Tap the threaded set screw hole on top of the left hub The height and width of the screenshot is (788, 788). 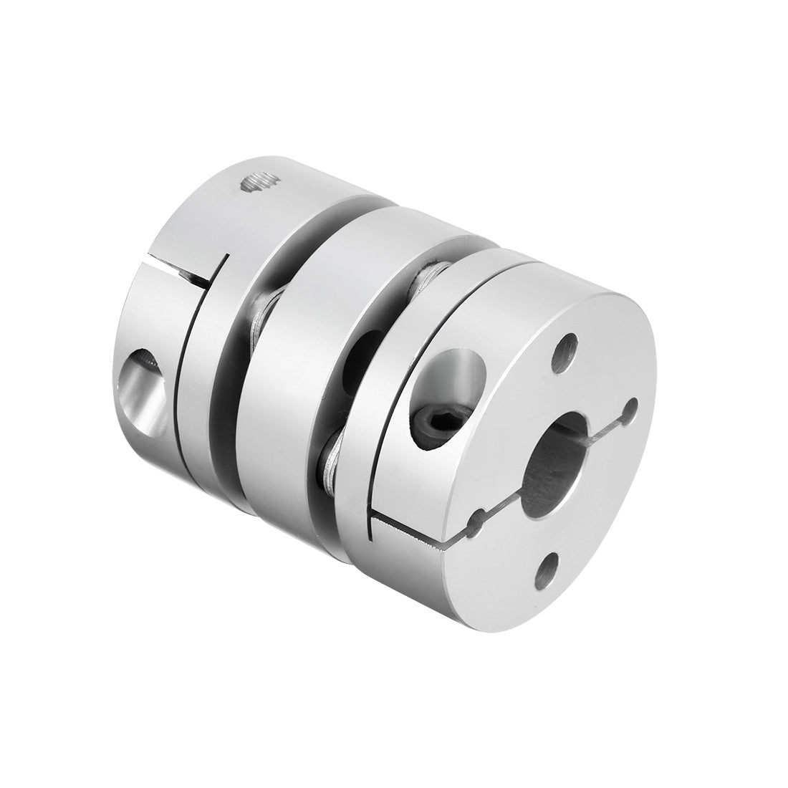point(259,184)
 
